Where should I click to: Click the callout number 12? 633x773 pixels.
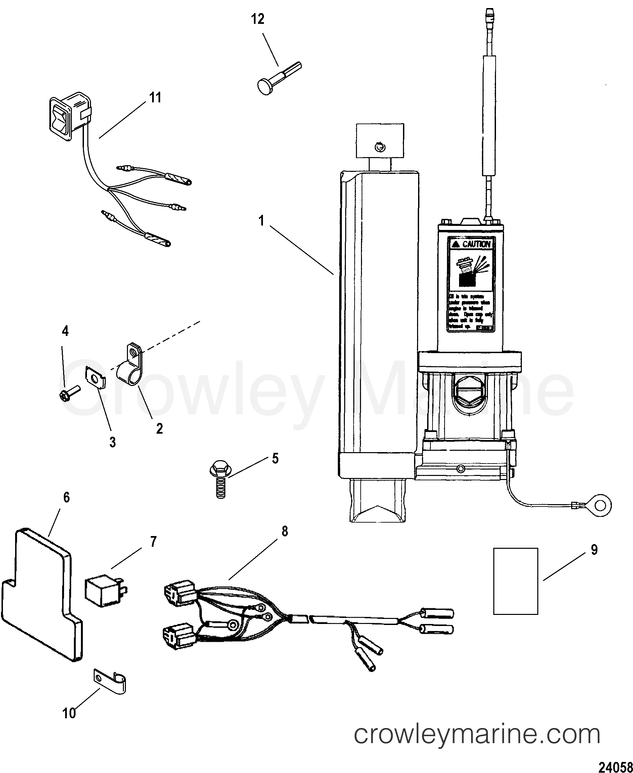(258, 19)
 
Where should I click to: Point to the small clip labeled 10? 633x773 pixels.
(111, 680)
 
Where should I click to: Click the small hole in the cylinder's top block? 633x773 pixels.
(379, 146)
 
